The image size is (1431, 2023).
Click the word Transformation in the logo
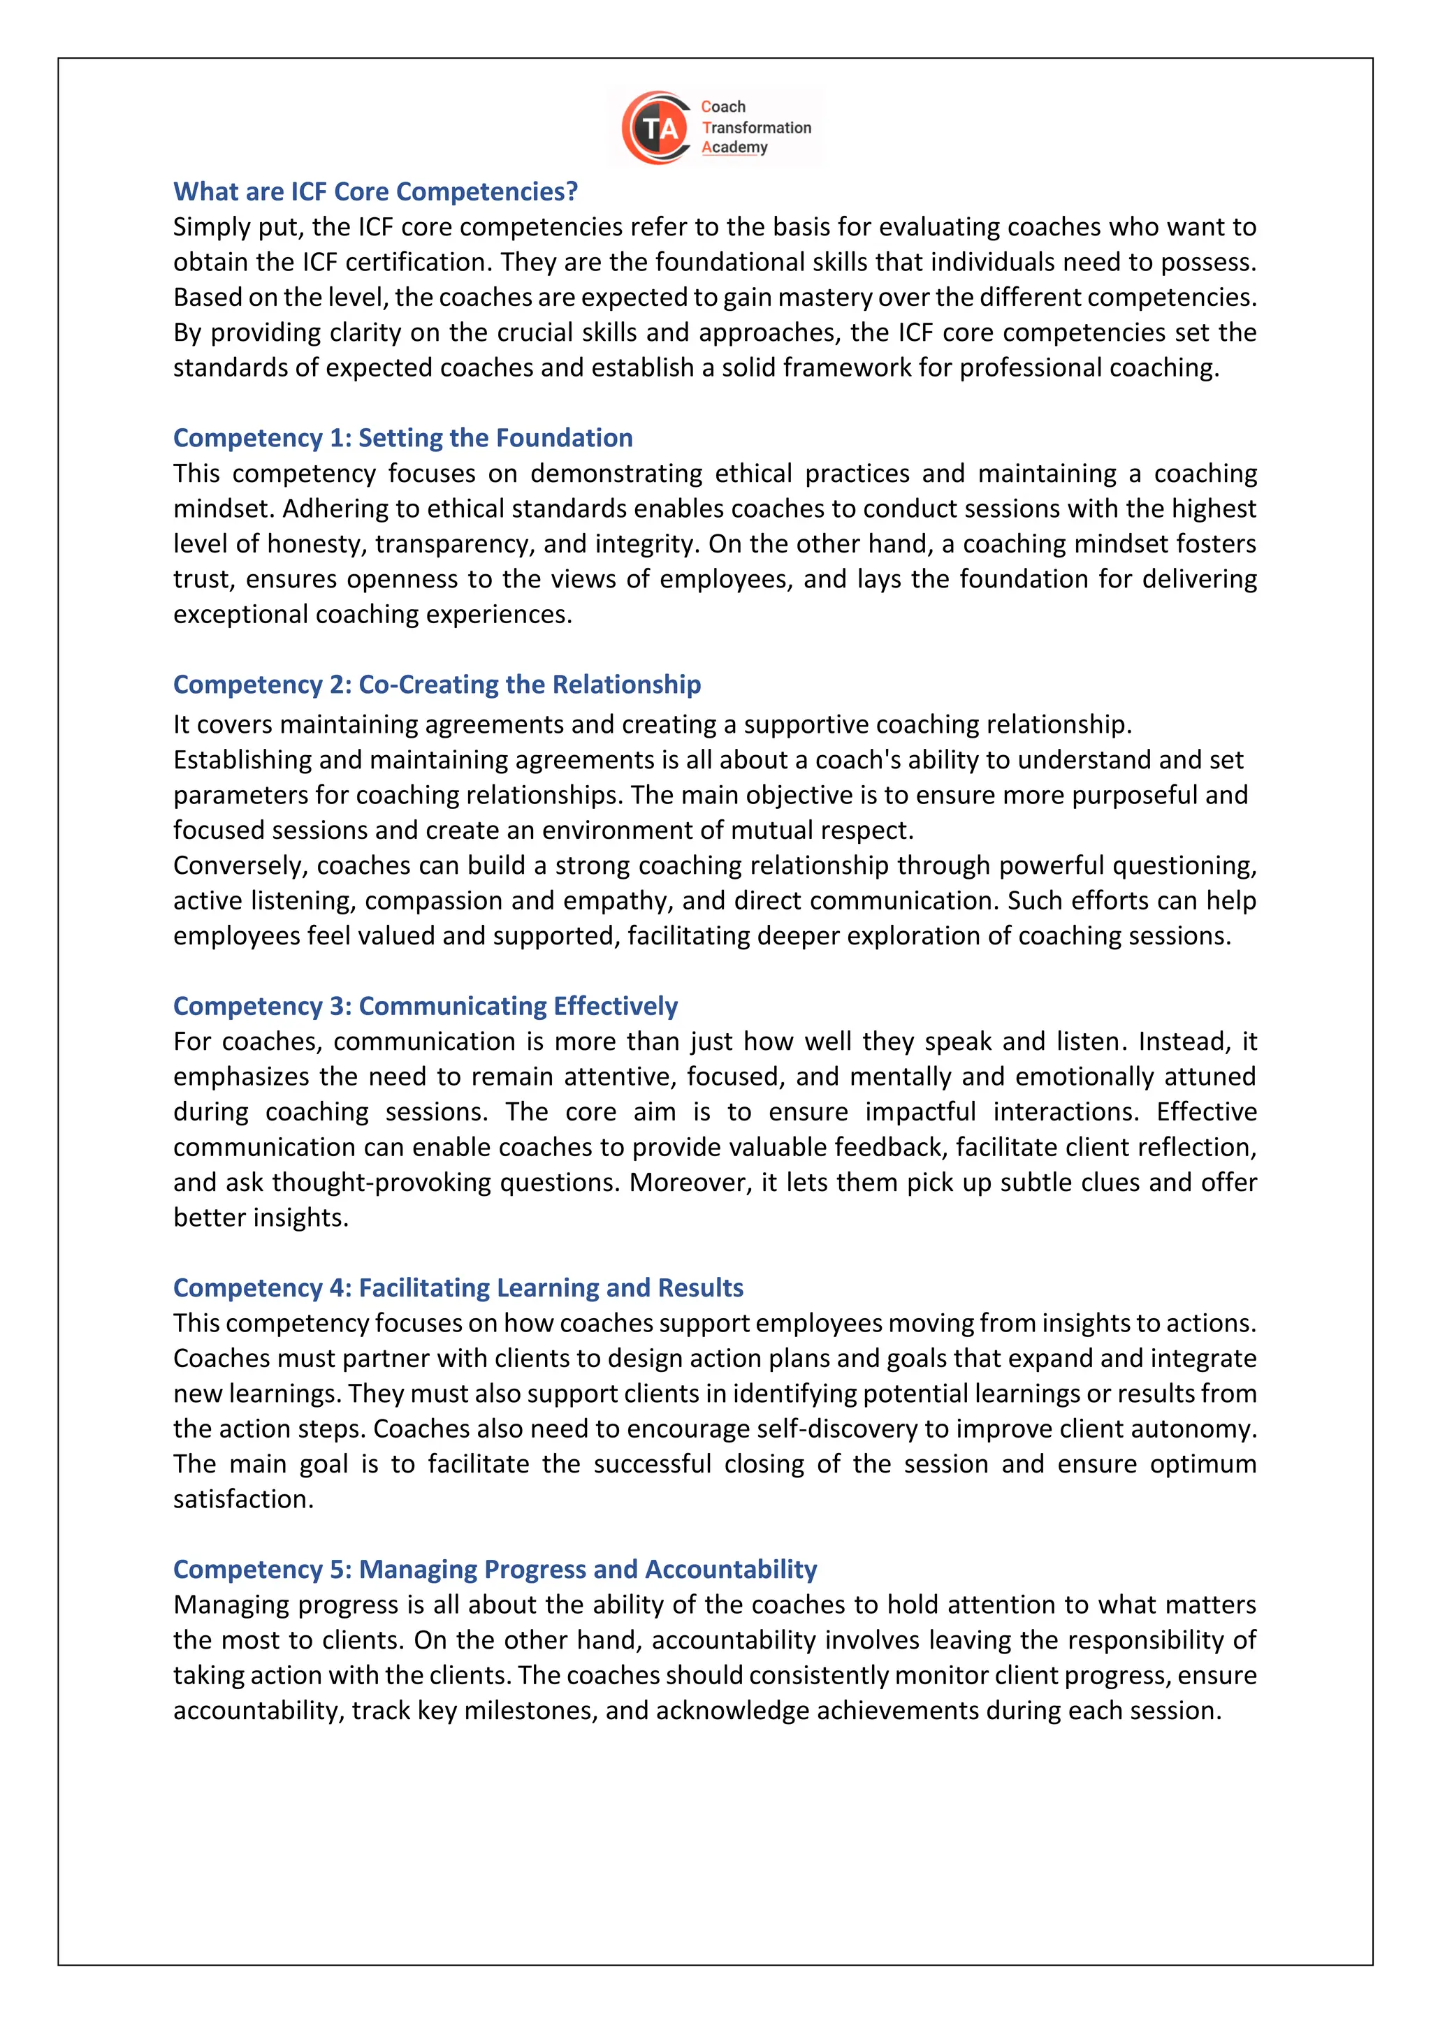point(757,128)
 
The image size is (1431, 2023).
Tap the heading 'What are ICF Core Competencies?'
point(375,191)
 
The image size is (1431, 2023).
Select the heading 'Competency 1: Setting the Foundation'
point(402,438)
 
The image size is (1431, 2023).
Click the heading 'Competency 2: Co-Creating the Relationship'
point(437,685)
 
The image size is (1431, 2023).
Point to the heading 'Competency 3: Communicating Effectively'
point(426,1006)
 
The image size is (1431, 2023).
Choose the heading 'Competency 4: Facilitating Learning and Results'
point(458,1288)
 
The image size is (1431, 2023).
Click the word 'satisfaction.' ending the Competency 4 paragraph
point(243,1499)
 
